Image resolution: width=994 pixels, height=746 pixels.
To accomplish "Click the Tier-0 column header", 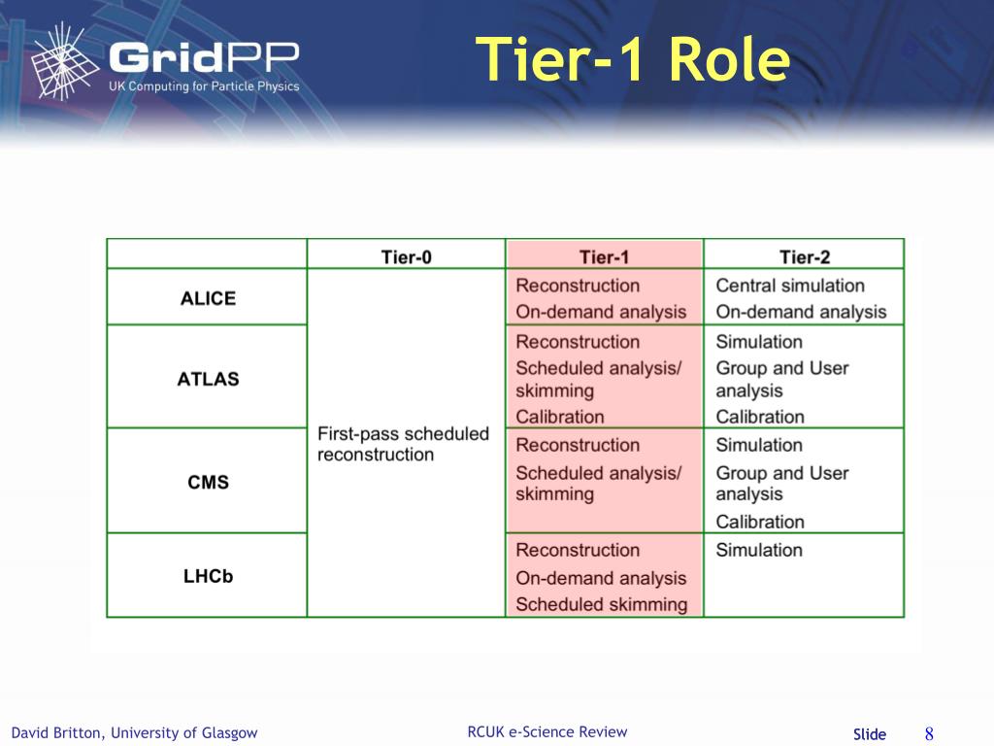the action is [407, 256].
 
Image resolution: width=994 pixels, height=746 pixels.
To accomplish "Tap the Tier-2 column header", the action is [805, 256].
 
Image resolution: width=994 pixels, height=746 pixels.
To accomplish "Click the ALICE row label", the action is [208, 298].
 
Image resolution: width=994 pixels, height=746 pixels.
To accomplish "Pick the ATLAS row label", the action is [208, 379].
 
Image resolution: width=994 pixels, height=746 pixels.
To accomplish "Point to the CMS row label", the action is [208, 482].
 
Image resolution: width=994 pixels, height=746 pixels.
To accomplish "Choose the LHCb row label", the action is [208, 576].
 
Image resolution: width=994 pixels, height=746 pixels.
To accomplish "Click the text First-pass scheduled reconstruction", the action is [403, 444].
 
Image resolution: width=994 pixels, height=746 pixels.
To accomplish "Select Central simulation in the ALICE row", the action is [790, 286].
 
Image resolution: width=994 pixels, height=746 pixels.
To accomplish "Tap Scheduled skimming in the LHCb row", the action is [601, 604].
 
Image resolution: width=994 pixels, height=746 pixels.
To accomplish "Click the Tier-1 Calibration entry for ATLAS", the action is [560, 417].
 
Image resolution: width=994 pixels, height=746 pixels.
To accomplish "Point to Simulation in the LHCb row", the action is [759, 550].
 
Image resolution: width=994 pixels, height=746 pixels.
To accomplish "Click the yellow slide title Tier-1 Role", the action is [633, 59].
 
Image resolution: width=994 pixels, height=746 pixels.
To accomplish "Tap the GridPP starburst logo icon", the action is [64, 61].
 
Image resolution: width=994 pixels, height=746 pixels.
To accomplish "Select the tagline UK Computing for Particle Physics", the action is [204, 86].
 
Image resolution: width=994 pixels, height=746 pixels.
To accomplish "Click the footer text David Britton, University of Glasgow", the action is [134, 732].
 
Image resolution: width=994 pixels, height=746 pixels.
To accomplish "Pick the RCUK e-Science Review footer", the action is [547, 731].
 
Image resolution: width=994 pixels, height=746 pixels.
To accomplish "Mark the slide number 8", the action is [929, 734].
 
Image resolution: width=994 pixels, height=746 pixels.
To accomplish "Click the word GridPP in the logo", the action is [204, 57].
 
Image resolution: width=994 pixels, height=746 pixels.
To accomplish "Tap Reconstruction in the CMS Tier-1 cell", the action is [578, 445].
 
